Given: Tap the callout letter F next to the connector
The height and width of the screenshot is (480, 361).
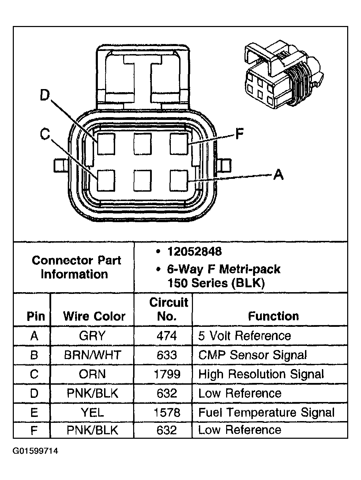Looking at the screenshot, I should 239,134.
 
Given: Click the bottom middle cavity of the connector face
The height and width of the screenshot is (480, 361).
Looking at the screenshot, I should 142,181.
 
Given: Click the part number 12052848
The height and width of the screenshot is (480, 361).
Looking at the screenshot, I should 194,252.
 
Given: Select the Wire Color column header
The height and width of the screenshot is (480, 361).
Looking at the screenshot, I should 94,316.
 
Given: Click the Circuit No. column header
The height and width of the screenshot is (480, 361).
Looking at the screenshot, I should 168,309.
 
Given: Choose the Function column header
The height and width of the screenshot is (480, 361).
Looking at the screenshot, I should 273,316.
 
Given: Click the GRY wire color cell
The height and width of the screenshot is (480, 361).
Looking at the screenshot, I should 92,336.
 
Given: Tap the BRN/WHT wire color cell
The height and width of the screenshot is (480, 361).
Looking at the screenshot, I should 92,355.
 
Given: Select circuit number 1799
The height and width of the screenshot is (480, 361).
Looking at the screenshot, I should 167,374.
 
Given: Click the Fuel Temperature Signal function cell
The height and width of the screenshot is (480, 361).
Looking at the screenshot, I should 266,412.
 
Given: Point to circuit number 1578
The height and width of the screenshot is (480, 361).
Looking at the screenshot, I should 167,412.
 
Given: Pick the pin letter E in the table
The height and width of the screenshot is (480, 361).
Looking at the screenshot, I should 34,412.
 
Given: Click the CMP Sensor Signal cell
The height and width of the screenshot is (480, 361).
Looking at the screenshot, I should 252,355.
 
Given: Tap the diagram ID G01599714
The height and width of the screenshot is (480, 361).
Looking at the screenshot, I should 35,451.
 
